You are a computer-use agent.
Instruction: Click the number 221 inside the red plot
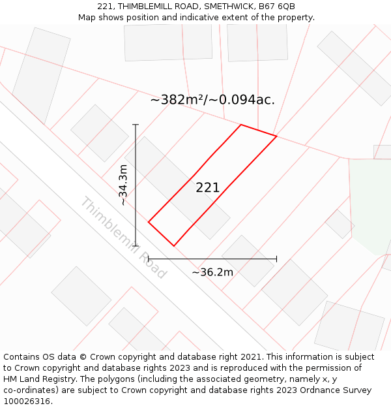point(208,188)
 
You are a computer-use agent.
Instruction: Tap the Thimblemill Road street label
point(123,237)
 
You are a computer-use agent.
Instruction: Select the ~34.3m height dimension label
point(123,185)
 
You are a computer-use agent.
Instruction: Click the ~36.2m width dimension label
point(212,272)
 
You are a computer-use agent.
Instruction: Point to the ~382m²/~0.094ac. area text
point(212,100)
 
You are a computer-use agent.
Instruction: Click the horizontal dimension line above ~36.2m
point(212,259)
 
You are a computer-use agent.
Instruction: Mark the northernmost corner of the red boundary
point(241,125)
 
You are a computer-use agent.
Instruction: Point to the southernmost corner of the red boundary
point(173,246)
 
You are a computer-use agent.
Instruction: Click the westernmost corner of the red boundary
point(149,222)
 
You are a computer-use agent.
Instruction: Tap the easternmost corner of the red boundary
point(277,136)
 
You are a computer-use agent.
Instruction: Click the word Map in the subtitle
point(87,18)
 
